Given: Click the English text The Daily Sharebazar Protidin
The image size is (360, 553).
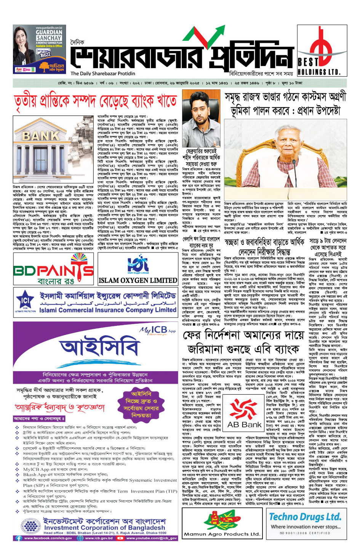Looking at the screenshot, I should click(103, 74).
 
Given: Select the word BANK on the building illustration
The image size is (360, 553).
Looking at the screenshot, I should click(40, 136).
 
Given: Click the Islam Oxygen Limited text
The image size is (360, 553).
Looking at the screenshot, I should click(138, 281).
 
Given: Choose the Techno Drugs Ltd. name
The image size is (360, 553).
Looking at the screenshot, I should click(305, 517).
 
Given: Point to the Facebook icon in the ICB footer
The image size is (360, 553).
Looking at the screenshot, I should click(18, 538).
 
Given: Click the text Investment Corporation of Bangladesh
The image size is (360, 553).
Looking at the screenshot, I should click(105, 528).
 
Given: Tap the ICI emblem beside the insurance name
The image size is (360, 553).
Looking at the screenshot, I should click(25, 302).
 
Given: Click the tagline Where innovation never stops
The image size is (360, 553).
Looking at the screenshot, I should click(306, 527).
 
